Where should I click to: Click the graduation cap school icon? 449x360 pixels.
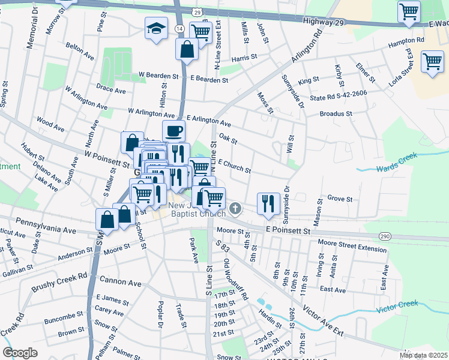156,28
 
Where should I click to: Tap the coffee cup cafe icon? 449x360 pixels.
174,130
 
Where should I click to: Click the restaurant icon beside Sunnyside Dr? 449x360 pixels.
268,202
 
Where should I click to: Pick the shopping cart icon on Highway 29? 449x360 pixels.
409,11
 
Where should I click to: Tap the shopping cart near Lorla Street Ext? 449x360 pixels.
432,61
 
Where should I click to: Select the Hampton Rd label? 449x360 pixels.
406,40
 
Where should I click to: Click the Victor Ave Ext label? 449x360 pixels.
324,320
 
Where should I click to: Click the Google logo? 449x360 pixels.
20,353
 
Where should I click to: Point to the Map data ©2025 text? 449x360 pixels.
423,355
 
